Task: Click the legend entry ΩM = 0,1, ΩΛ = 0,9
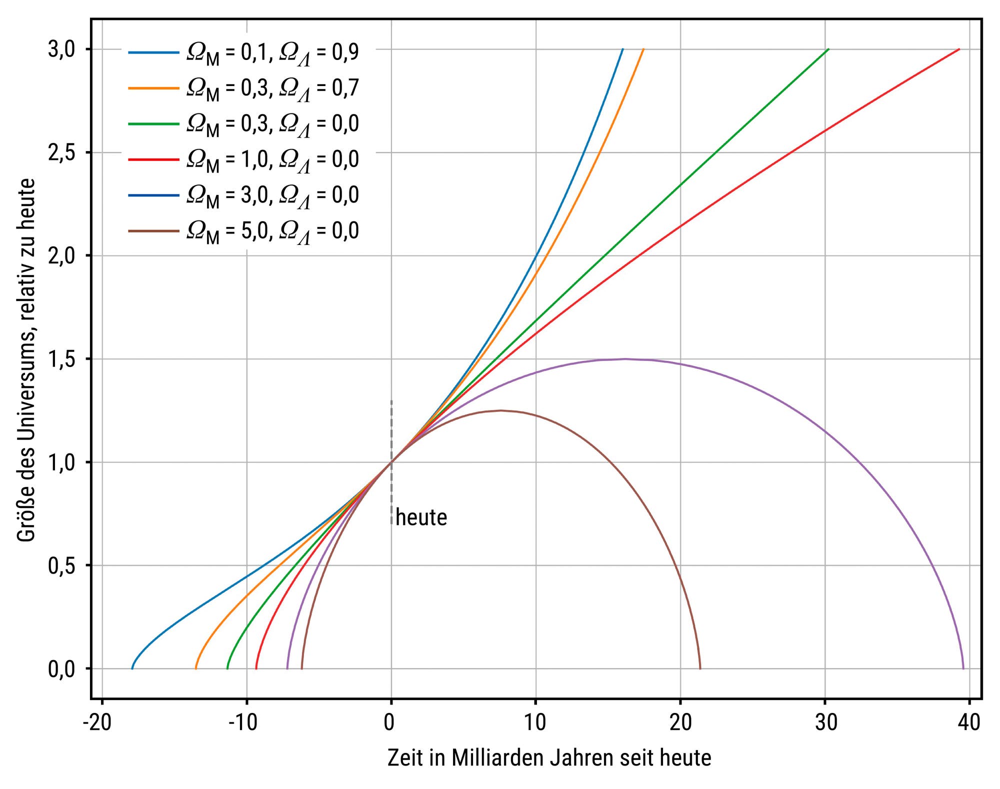(x=272, y=52)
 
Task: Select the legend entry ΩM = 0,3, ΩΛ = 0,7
(x=272, y=88)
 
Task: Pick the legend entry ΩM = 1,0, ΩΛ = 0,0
(x=272, y=160)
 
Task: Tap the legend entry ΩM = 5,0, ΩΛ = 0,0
(x=272, y=231)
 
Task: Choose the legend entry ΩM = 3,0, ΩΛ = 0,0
(x=272, y=195)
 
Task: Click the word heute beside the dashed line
(x=421, y=517)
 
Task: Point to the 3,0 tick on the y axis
(x=61, y=49)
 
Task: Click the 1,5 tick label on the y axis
(x=61, y=359)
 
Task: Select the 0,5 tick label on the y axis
(x=61, y=565)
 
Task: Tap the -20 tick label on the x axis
(x=98, y=723)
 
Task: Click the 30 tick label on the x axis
(x=825, y=723)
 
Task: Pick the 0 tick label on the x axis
(x=389, y=723)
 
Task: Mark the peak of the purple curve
(x=625, y=359)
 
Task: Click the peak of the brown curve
(x=501, y=410)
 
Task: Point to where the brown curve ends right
(x=700, y=668)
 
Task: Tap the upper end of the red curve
(x=959, y=49)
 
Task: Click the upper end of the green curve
(x=828, y=49)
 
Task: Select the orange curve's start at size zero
(x=195, y=668)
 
